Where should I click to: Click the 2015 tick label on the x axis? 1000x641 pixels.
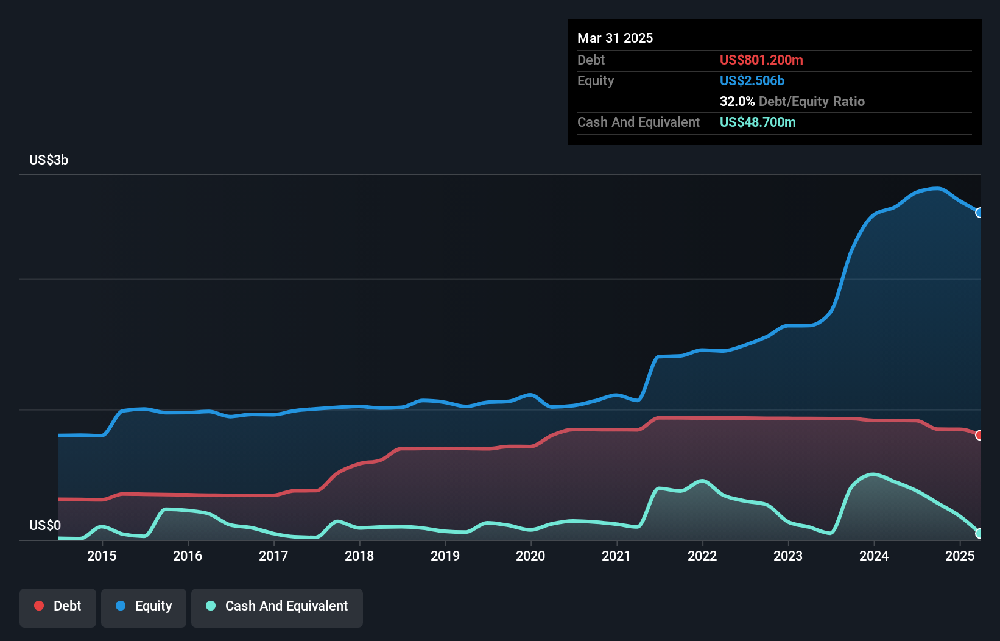click(102, 556)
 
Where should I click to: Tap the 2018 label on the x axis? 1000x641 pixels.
click(359, 556)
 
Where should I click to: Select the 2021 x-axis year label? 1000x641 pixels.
click(616, 556)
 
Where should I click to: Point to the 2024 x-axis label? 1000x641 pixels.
click(874, 556)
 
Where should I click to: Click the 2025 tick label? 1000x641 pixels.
click(960, 556)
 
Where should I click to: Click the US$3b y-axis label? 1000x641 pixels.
click(49, 160)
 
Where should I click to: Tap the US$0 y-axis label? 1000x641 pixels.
click(45, 525)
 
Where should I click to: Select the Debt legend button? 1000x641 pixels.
click(58, 606)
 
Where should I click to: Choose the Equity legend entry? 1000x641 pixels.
click(144, 606)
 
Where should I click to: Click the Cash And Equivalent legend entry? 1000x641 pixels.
click(277, 606)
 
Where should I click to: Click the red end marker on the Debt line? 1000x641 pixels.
click(979, 435)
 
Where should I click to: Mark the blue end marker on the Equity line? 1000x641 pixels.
click(979, 213)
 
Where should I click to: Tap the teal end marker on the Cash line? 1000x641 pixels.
click(979, 533)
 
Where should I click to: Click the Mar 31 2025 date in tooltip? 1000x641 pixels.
click(615, 38)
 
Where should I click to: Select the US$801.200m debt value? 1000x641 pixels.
click(761, 60)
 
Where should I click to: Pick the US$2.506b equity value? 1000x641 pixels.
click(752, 80)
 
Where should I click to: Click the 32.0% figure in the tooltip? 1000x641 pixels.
click(737, 101)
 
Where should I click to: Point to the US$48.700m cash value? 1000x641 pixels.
click(758, 122)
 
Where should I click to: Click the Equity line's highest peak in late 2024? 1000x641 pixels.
click(937, 188)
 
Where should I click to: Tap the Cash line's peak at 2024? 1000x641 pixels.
click(873, 475)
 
